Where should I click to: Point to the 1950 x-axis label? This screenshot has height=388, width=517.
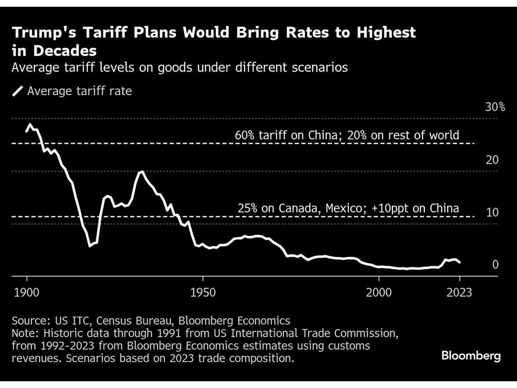(203, 293)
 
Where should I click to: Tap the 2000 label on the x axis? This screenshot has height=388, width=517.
(379, 293)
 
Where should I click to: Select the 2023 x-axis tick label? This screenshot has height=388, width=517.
(460, 293)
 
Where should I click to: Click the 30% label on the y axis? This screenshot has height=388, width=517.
(495, 107)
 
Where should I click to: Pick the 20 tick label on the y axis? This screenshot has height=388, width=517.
(492, 160)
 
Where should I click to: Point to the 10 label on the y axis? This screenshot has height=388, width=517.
(492, 213)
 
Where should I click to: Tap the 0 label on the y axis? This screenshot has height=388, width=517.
(495, 265)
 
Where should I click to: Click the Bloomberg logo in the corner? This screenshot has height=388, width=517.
(471, 356)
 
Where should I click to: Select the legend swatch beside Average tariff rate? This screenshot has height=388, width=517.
(18, 92)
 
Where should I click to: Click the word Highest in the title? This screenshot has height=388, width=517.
(383, 33)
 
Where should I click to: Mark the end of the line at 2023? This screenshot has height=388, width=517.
(460, 263)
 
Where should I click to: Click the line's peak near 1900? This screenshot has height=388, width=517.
(30, 125)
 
